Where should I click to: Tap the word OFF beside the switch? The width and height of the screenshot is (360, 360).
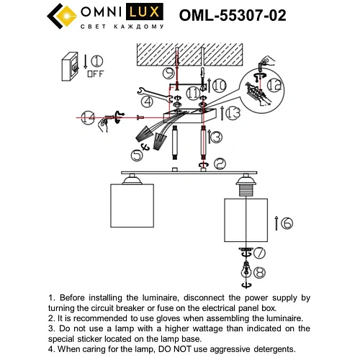(x=95, y=73)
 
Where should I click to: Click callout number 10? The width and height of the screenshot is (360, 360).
(x=219, y=85)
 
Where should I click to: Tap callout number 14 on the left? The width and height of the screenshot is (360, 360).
(x=88, y=117)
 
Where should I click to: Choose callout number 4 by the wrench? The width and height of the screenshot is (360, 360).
(x=146, y=102)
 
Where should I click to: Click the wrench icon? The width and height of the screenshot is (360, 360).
(x=144, y=91)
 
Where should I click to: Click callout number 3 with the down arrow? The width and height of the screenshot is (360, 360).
(x=216, y=135)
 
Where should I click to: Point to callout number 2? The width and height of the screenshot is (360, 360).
(x=220, y=163)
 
